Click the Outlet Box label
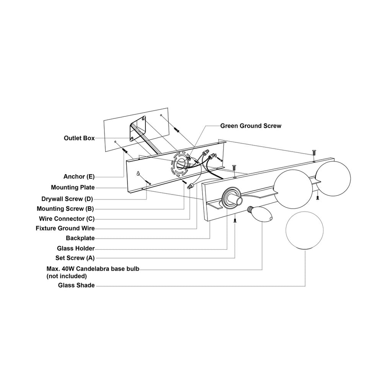coord(79,138)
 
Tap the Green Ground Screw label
coord(250,126)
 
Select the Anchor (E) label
coord(79,176)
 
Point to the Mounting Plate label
coord(73,188)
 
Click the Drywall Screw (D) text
coord(68,199)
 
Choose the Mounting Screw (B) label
coord(65,209)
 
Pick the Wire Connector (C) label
coord(67,219)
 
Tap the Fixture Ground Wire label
coord(65,228)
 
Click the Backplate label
coord(80,238)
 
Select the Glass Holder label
coord(75,248)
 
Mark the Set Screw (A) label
coord(75,258)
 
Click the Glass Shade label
coord(76,285)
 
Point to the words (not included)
coord(66,276)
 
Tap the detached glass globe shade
coord(305,230)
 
